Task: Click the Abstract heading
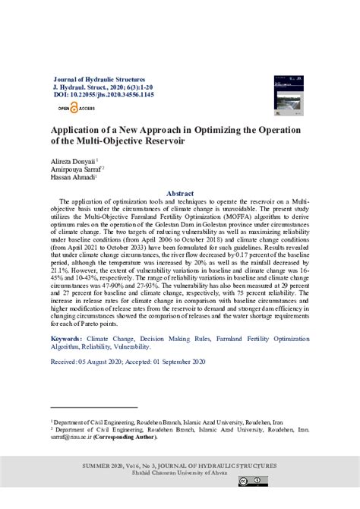click(x=180, y=194)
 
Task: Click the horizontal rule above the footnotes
click(x=93, y=407)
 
